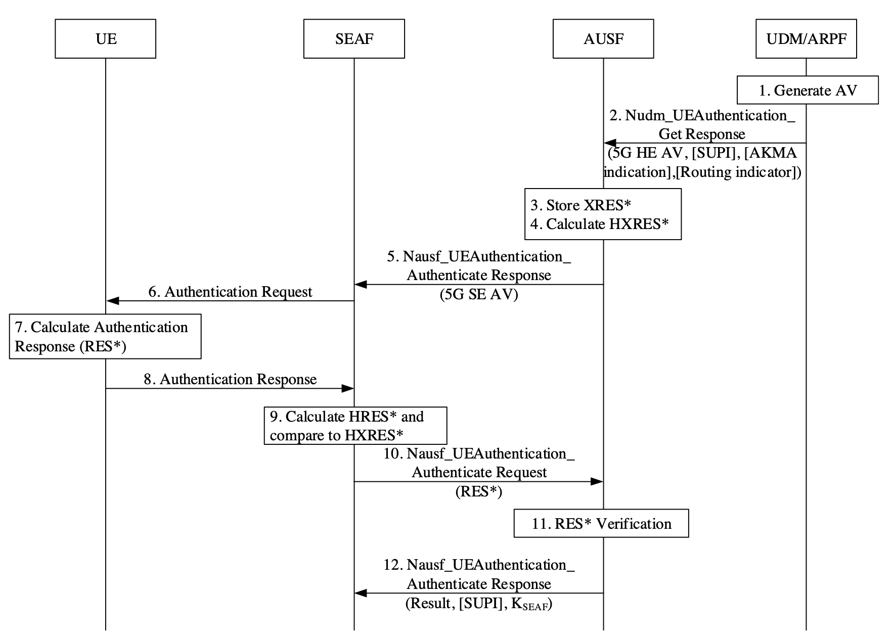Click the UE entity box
tap(105, 39)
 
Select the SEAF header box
tap(354, 39)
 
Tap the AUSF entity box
tap(603, 39)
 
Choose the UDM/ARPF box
tap(806, 39)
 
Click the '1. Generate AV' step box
tap(808, 90)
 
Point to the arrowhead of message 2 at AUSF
tap(609, 144)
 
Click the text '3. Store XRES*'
tap(581, 205)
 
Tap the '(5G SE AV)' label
tap(479, 294)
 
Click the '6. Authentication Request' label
tap(230, 292)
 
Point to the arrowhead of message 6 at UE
tap(112, 301)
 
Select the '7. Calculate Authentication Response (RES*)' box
tap(105, 337)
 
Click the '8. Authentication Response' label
tap(230, 379)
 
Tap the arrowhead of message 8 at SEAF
tap(347, 388)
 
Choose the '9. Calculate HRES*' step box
tap(355, 426)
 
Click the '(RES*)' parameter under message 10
tap(479, 491)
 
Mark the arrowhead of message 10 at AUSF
tap(597, 482)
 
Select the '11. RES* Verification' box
tap(601, 523)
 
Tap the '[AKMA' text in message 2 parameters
tap(771, 153)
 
